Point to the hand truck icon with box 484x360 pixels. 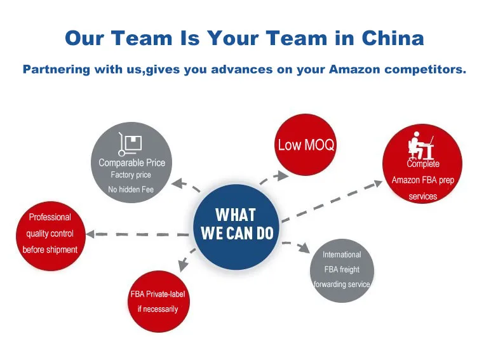click(x=130, y=144)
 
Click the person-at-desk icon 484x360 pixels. click(x=420, y=145)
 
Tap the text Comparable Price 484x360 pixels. click(x=131, y=163)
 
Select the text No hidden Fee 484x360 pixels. click(x=131, y=189)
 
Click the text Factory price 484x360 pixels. click(x=131, y=175)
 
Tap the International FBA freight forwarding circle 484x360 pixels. click(x=342, y=270)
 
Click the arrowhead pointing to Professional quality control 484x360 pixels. click(x=90, y=234)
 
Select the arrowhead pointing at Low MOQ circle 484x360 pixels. click(x=280, y=173)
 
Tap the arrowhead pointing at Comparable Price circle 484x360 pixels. click(x=177, y=184)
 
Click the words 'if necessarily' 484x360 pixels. click(x=158, y=309)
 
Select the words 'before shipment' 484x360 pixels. click(x=50, y=250)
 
